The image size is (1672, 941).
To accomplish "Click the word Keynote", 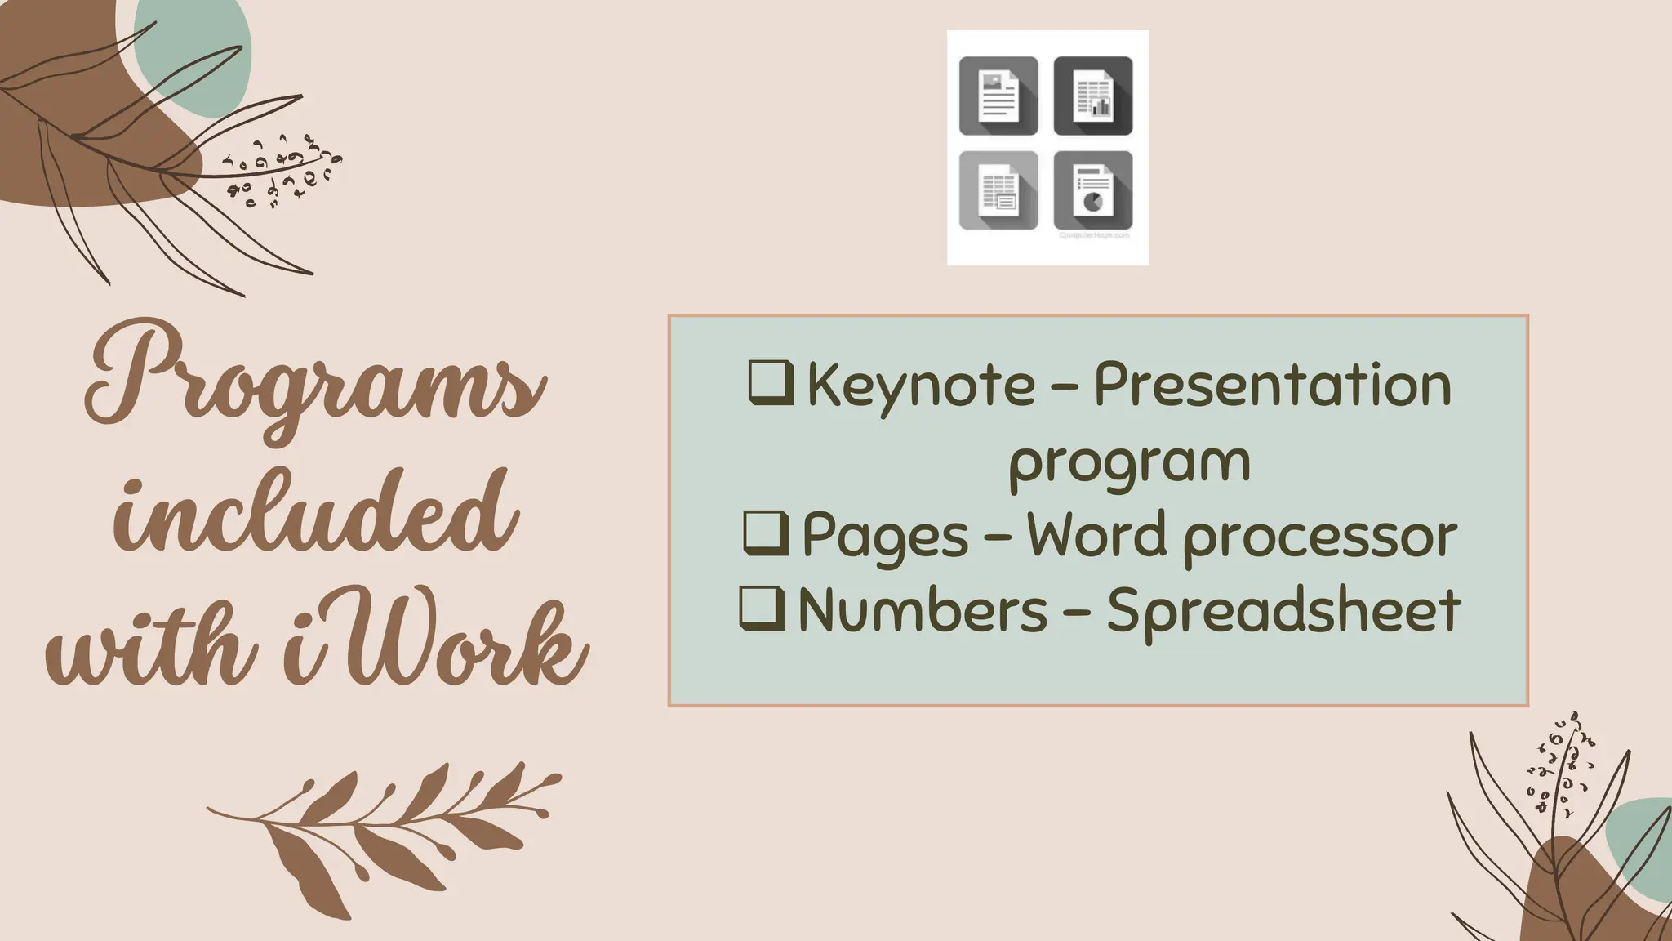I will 921,386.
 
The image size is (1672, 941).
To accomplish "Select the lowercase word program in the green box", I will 1129,462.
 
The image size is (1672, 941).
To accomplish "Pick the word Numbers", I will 923,611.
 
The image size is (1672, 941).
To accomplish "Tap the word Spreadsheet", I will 1283,611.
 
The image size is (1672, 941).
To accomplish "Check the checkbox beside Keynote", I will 770,383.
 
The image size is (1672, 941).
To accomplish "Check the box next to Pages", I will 766,533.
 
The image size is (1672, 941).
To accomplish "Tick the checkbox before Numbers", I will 762,609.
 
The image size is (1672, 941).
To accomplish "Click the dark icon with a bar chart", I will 1093,96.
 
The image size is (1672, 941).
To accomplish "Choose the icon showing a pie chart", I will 1093,190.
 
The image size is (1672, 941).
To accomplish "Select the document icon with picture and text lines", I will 998,96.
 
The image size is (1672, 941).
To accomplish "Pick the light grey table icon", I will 998,190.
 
